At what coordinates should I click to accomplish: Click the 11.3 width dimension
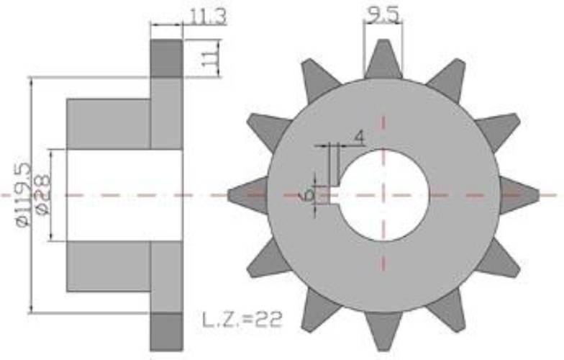click(x=208, y=17)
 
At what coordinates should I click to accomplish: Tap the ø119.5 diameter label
click(x=24, y=195)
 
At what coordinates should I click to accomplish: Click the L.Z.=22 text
click(x=242, y=320)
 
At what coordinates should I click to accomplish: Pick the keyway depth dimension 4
click(x=359, y=137)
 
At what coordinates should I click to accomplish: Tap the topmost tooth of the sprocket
click(x=383, y=59)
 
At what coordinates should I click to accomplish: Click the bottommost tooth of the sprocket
click(x=383, y=330)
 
